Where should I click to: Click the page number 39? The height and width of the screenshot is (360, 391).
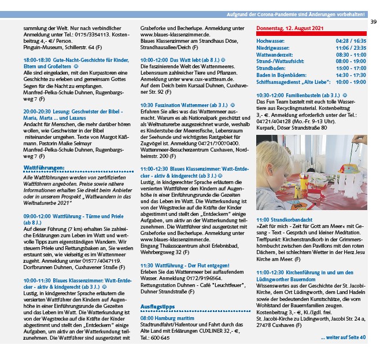[x=374, y=22]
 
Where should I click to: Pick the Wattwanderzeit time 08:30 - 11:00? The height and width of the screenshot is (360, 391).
[x=351, y=55]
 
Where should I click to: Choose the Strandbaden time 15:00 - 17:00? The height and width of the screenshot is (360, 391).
[x=351, y=68]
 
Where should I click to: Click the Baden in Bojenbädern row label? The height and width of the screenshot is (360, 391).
[x=284, y=75]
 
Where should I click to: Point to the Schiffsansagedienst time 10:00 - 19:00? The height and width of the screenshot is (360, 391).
[x=351, y=82]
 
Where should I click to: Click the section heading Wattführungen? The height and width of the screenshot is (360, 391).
[x=44, y=168]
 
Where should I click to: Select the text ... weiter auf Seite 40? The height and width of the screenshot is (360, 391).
[x=343, y=337]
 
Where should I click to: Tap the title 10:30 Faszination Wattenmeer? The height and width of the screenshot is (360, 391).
[x=176, y=105]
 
